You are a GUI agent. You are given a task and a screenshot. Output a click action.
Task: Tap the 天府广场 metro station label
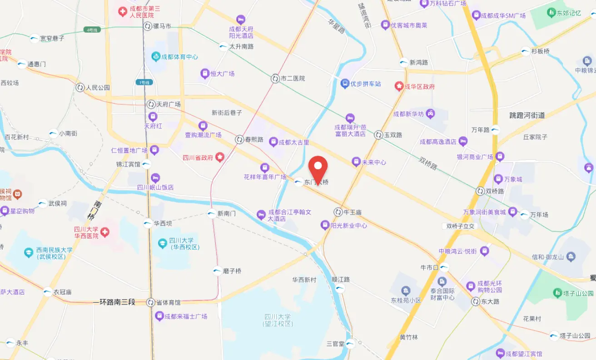(x=169, y=104)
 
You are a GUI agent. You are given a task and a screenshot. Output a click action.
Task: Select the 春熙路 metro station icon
(x=240, y=139)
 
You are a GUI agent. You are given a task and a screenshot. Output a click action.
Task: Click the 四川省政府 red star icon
(x=220, y=158)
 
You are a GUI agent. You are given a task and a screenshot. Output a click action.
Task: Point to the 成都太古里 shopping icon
(x=273, y=142)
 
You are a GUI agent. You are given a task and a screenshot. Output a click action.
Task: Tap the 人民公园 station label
(x=98, y=88)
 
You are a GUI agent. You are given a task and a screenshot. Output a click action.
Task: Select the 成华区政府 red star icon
(x=399, y=86)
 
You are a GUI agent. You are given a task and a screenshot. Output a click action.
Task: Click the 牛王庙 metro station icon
(x=338, y=212)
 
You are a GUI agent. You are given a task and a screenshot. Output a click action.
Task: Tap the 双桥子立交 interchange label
(x=460, y=226)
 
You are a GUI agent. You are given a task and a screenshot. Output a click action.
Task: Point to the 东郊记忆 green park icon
(x=551, y=13)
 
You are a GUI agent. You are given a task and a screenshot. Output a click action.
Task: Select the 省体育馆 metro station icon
(x=151, y=302)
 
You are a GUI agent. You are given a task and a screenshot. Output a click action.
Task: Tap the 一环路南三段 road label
(x=114, y=302)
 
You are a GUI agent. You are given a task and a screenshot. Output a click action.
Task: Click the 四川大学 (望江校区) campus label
(x=278, y=320)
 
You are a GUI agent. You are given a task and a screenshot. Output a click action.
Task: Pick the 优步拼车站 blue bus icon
(x=345, y=84)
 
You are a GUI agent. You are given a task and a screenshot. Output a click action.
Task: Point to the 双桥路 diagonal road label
(x=428, y=163)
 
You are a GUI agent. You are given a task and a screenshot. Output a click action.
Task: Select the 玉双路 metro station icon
(x=378, y=135)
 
